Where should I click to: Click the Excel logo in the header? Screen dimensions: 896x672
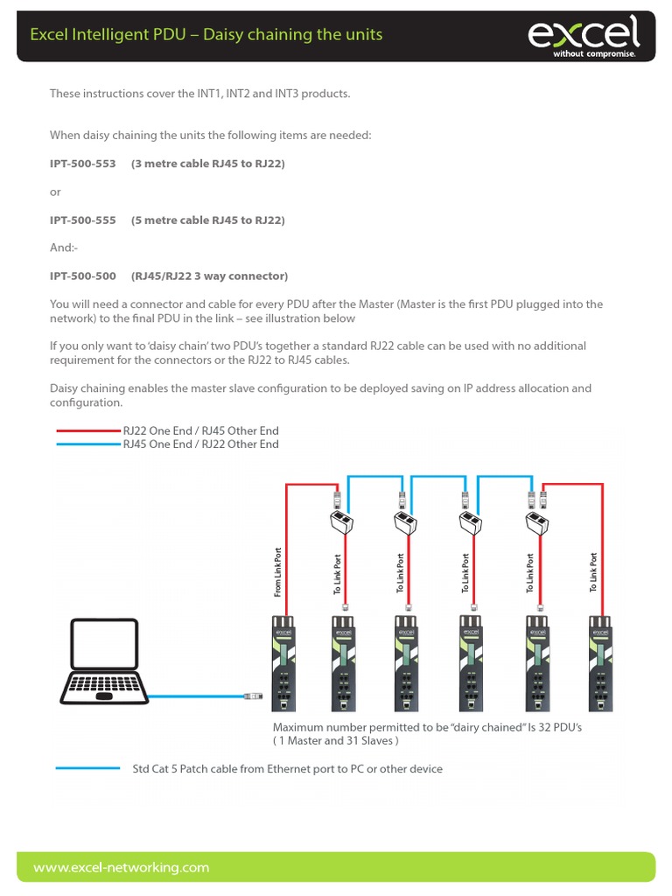coord(583,36)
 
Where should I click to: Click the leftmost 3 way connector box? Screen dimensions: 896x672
coord(342,523)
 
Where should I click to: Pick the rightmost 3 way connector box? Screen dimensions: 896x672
coord(536,523)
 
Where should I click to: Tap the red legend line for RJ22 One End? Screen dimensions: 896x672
coord(87,431)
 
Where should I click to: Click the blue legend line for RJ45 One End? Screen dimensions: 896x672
coord(87,444)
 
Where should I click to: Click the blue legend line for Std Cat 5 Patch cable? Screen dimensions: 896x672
coord(87,769)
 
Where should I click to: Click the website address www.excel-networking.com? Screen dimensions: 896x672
coord(122,867)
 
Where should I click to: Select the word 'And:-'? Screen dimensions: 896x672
coord(64,248)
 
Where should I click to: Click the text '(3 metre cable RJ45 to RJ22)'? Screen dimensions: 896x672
coord(208,164)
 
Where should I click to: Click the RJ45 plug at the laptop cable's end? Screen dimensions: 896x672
coord(255,696)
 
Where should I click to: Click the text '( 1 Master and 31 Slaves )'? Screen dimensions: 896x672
coord(335,741)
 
